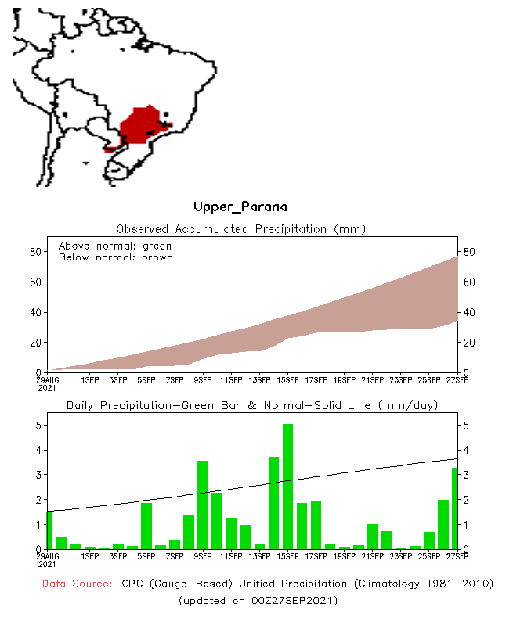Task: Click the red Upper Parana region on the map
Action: point(141,125)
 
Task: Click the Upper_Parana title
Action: point(240,207)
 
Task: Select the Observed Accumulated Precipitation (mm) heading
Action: point(241,229)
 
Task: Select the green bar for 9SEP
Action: point(203,505)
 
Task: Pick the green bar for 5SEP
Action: point(146,526)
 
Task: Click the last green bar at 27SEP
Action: point(454,508)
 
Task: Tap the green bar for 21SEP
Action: point(373,537)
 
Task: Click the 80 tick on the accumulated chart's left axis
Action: point(35,252)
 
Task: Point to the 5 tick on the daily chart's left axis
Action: point(37,426)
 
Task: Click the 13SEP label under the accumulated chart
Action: point(258,380)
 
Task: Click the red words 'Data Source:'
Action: point(77,584)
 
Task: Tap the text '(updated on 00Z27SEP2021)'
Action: point(258,600)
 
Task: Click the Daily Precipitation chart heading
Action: point(251,405)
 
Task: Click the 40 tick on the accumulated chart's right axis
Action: point(468,312)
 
